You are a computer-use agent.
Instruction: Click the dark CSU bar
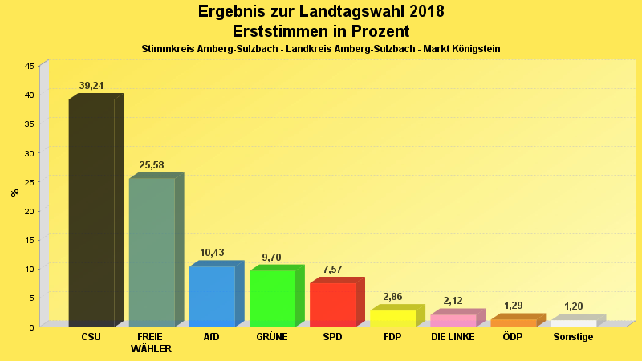[91, 213]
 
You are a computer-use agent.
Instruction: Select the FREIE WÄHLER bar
[152, 252]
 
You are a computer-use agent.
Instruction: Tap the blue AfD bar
[212, 296]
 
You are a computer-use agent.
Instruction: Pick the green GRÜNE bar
[272, 298]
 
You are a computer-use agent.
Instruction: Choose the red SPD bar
[332, 304]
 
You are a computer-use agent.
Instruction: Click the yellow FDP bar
[392, 318]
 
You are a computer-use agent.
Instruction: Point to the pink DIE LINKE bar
[453, 320]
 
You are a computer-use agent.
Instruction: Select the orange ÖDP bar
[513, 322]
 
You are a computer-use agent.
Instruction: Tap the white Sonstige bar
[573, 322]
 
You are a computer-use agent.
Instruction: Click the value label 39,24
[91, 86]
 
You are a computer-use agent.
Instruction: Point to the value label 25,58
[152, 165]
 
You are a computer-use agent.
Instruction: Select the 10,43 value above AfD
[212, 253]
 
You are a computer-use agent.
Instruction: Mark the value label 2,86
[392, 297]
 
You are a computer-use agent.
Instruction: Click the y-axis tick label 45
[29, 67]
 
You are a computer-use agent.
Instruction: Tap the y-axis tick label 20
[29, 211]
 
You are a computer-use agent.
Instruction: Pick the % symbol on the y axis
[14, 193]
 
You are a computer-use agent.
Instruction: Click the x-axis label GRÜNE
[272, 337]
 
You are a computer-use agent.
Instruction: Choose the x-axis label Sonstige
[573, 337]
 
